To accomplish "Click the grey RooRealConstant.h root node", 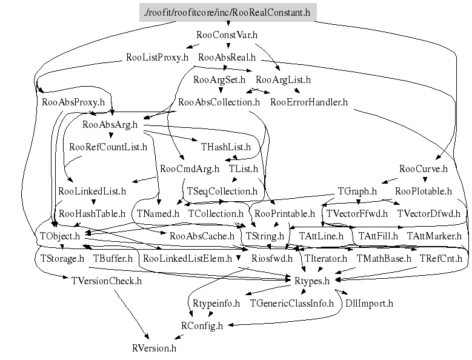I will [x=228, y=12].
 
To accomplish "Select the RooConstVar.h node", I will [x=227, y=35].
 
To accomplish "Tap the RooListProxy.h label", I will [x=157, y=58].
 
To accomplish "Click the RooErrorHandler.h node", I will [x=308, y=102].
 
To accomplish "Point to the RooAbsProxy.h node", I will [x=73, y=102].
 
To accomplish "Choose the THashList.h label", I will [x=225, y=147].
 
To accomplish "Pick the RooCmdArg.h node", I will [x=190, y=168].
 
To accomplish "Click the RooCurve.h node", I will [x=424, y=168].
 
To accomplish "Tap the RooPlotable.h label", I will [x=424, y=191].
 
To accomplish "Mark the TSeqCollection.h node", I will [x=222, y=191].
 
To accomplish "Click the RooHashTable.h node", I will [x=92, y=213].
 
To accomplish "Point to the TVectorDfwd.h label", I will [x=428, y=213].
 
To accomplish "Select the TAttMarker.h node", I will [x=434, y=235].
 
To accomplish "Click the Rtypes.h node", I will [x=311, y=281].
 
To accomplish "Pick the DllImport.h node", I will [x=369, y=303].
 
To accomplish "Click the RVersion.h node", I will [x=154, y=348].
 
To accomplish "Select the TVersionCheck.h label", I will [x=106, y=281].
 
